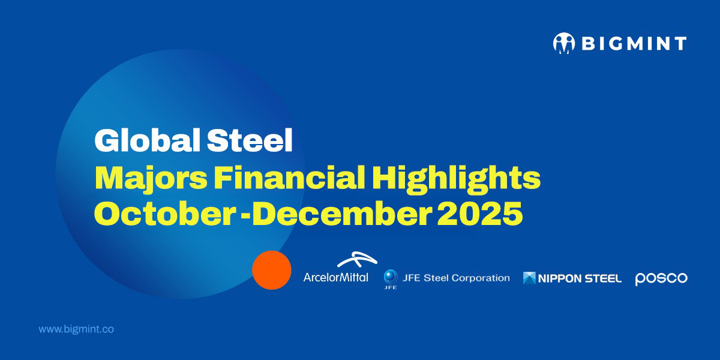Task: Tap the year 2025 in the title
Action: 480,214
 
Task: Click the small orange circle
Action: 272,270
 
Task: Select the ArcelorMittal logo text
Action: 336,278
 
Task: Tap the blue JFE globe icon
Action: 391,277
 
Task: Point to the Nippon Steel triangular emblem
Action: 529,278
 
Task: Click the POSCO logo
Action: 661,278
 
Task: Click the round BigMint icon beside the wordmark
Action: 563,44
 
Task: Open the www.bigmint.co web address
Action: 76,329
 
